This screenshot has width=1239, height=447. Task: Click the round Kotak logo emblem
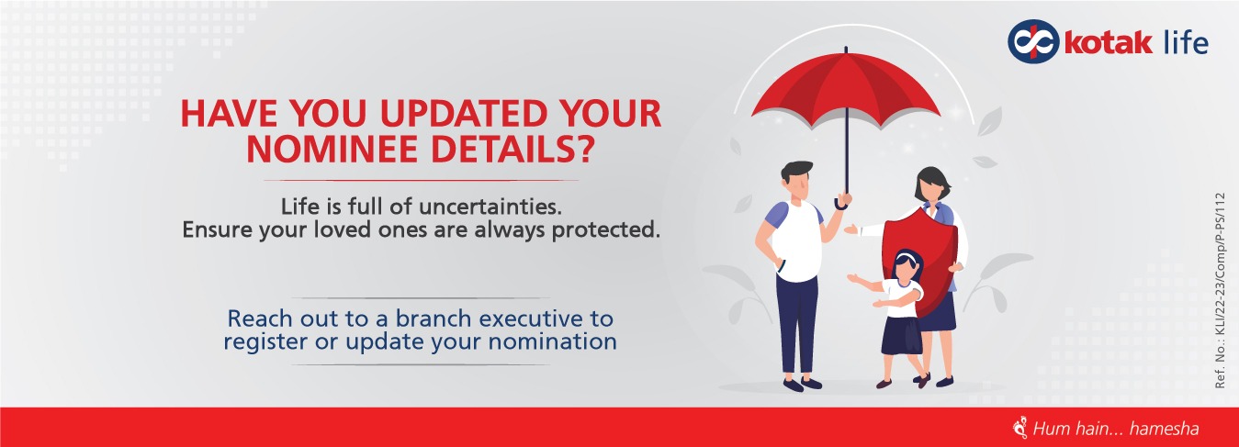pos(1032,41)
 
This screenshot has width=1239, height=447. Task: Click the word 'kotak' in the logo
pos(1108,43)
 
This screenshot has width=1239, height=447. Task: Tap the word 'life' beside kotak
pos(1186,41)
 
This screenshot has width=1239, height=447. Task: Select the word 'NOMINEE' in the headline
pos(334,149)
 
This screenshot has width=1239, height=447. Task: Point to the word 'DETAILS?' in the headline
pos(512,149)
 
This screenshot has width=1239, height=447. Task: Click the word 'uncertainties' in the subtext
pos(490,207)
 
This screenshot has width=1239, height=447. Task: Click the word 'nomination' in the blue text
pos(553,341)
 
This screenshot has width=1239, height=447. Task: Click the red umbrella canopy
pos(846,87)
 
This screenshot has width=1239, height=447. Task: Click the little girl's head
pos(907,267)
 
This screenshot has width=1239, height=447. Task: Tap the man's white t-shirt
pos(796,240)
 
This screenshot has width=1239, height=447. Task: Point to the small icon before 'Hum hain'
pos(1020,428)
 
